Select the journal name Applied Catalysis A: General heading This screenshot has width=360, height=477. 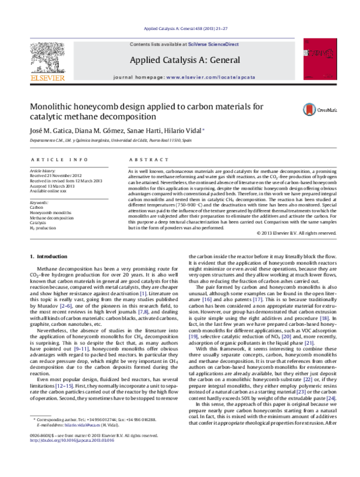click(179, 60)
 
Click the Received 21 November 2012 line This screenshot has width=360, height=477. click(62, 176)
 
